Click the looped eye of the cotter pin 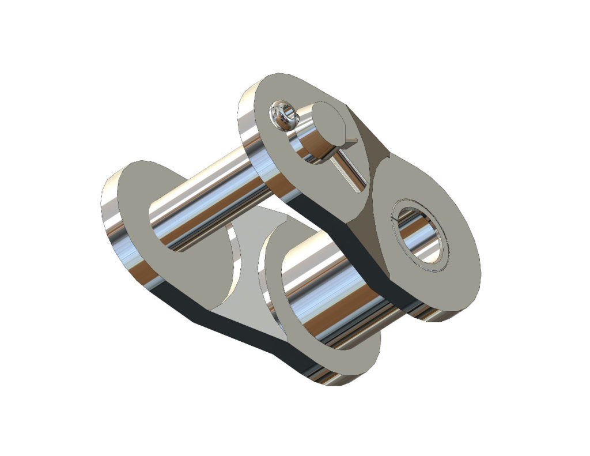click(283, 114)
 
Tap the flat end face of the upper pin click(330, 123)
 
